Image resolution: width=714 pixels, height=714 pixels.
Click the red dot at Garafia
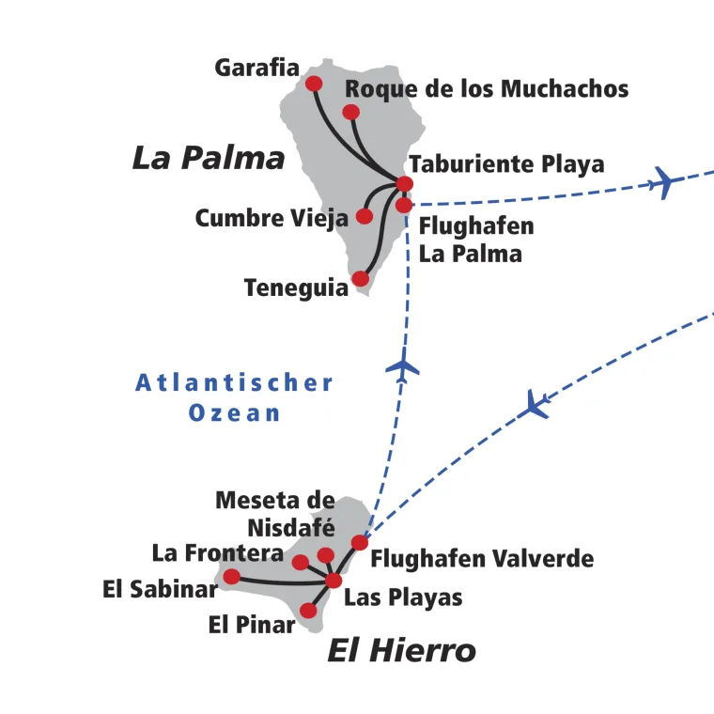(x=314, y=84)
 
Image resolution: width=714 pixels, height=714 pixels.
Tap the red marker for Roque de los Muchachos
(x=350, y=113)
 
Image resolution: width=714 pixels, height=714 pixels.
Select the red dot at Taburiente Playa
(x=405, y=183)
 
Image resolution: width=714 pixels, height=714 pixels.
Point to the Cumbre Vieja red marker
(x=365, y=216)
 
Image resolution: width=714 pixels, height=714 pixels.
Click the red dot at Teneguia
(x=360, y=278)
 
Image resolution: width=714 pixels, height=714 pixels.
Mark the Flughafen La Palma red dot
(x=403, y=205)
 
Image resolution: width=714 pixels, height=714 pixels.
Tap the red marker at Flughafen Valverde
(x=359, y=542)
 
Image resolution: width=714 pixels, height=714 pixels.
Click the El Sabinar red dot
(x=231, y=576)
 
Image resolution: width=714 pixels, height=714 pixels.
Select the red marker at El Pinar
(x=308, y=611)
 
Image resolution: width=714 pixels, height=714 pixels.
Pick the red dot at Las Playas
(x=334, y=581)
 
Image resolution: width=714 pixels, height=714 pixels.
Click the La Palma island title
(x=208, y=157)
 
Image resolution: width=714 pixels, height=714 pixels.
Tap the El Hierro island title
(x=401, y=650)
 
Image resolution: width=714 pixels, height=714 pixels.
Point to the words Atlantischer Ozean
(x=234, y=397)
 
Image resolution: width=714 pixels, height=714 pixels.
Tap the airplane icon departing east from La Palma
(x=665, y=181)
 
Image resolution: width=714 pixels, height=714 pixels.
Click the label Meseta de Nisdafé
(x=275, y=513)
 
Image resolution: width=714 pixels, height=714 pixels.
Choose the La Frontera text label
(x=217, y=553)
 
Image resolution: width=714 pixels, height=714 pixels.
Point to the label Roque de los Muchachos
(x=487, y=89)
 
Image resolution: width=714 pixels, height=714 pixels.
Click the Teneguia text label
(x=295, y=287)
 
